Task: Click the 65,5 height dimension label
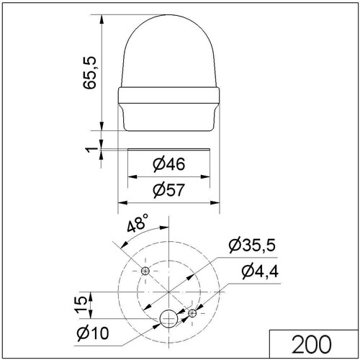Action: [89, 73]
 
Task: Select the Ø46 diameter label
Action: [169, 164]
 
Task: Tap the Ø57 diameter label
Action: [169, 190]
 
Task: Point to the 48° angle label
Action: [138, 223]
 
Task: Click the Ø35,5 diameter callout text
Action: [252, 246]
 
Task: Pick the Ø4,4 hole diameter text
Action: [260, 271]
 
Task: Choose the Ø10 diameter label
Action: [93, 333]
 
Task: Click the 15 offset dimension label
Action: [81, 305]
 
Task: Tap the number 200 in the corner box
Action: [311, 345]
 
